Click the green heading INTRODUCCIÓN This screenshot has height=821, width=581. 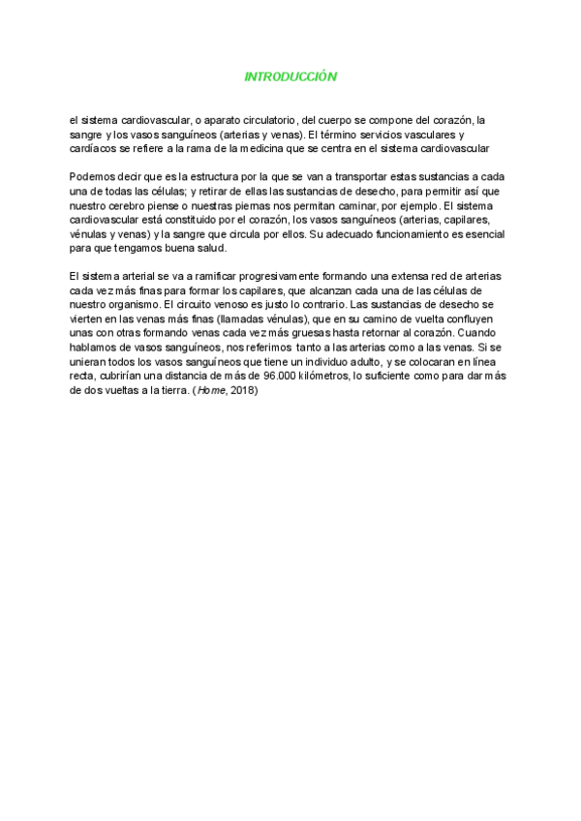coord(290,76)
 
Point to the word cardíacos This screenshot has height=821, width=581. coord(94,149)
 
